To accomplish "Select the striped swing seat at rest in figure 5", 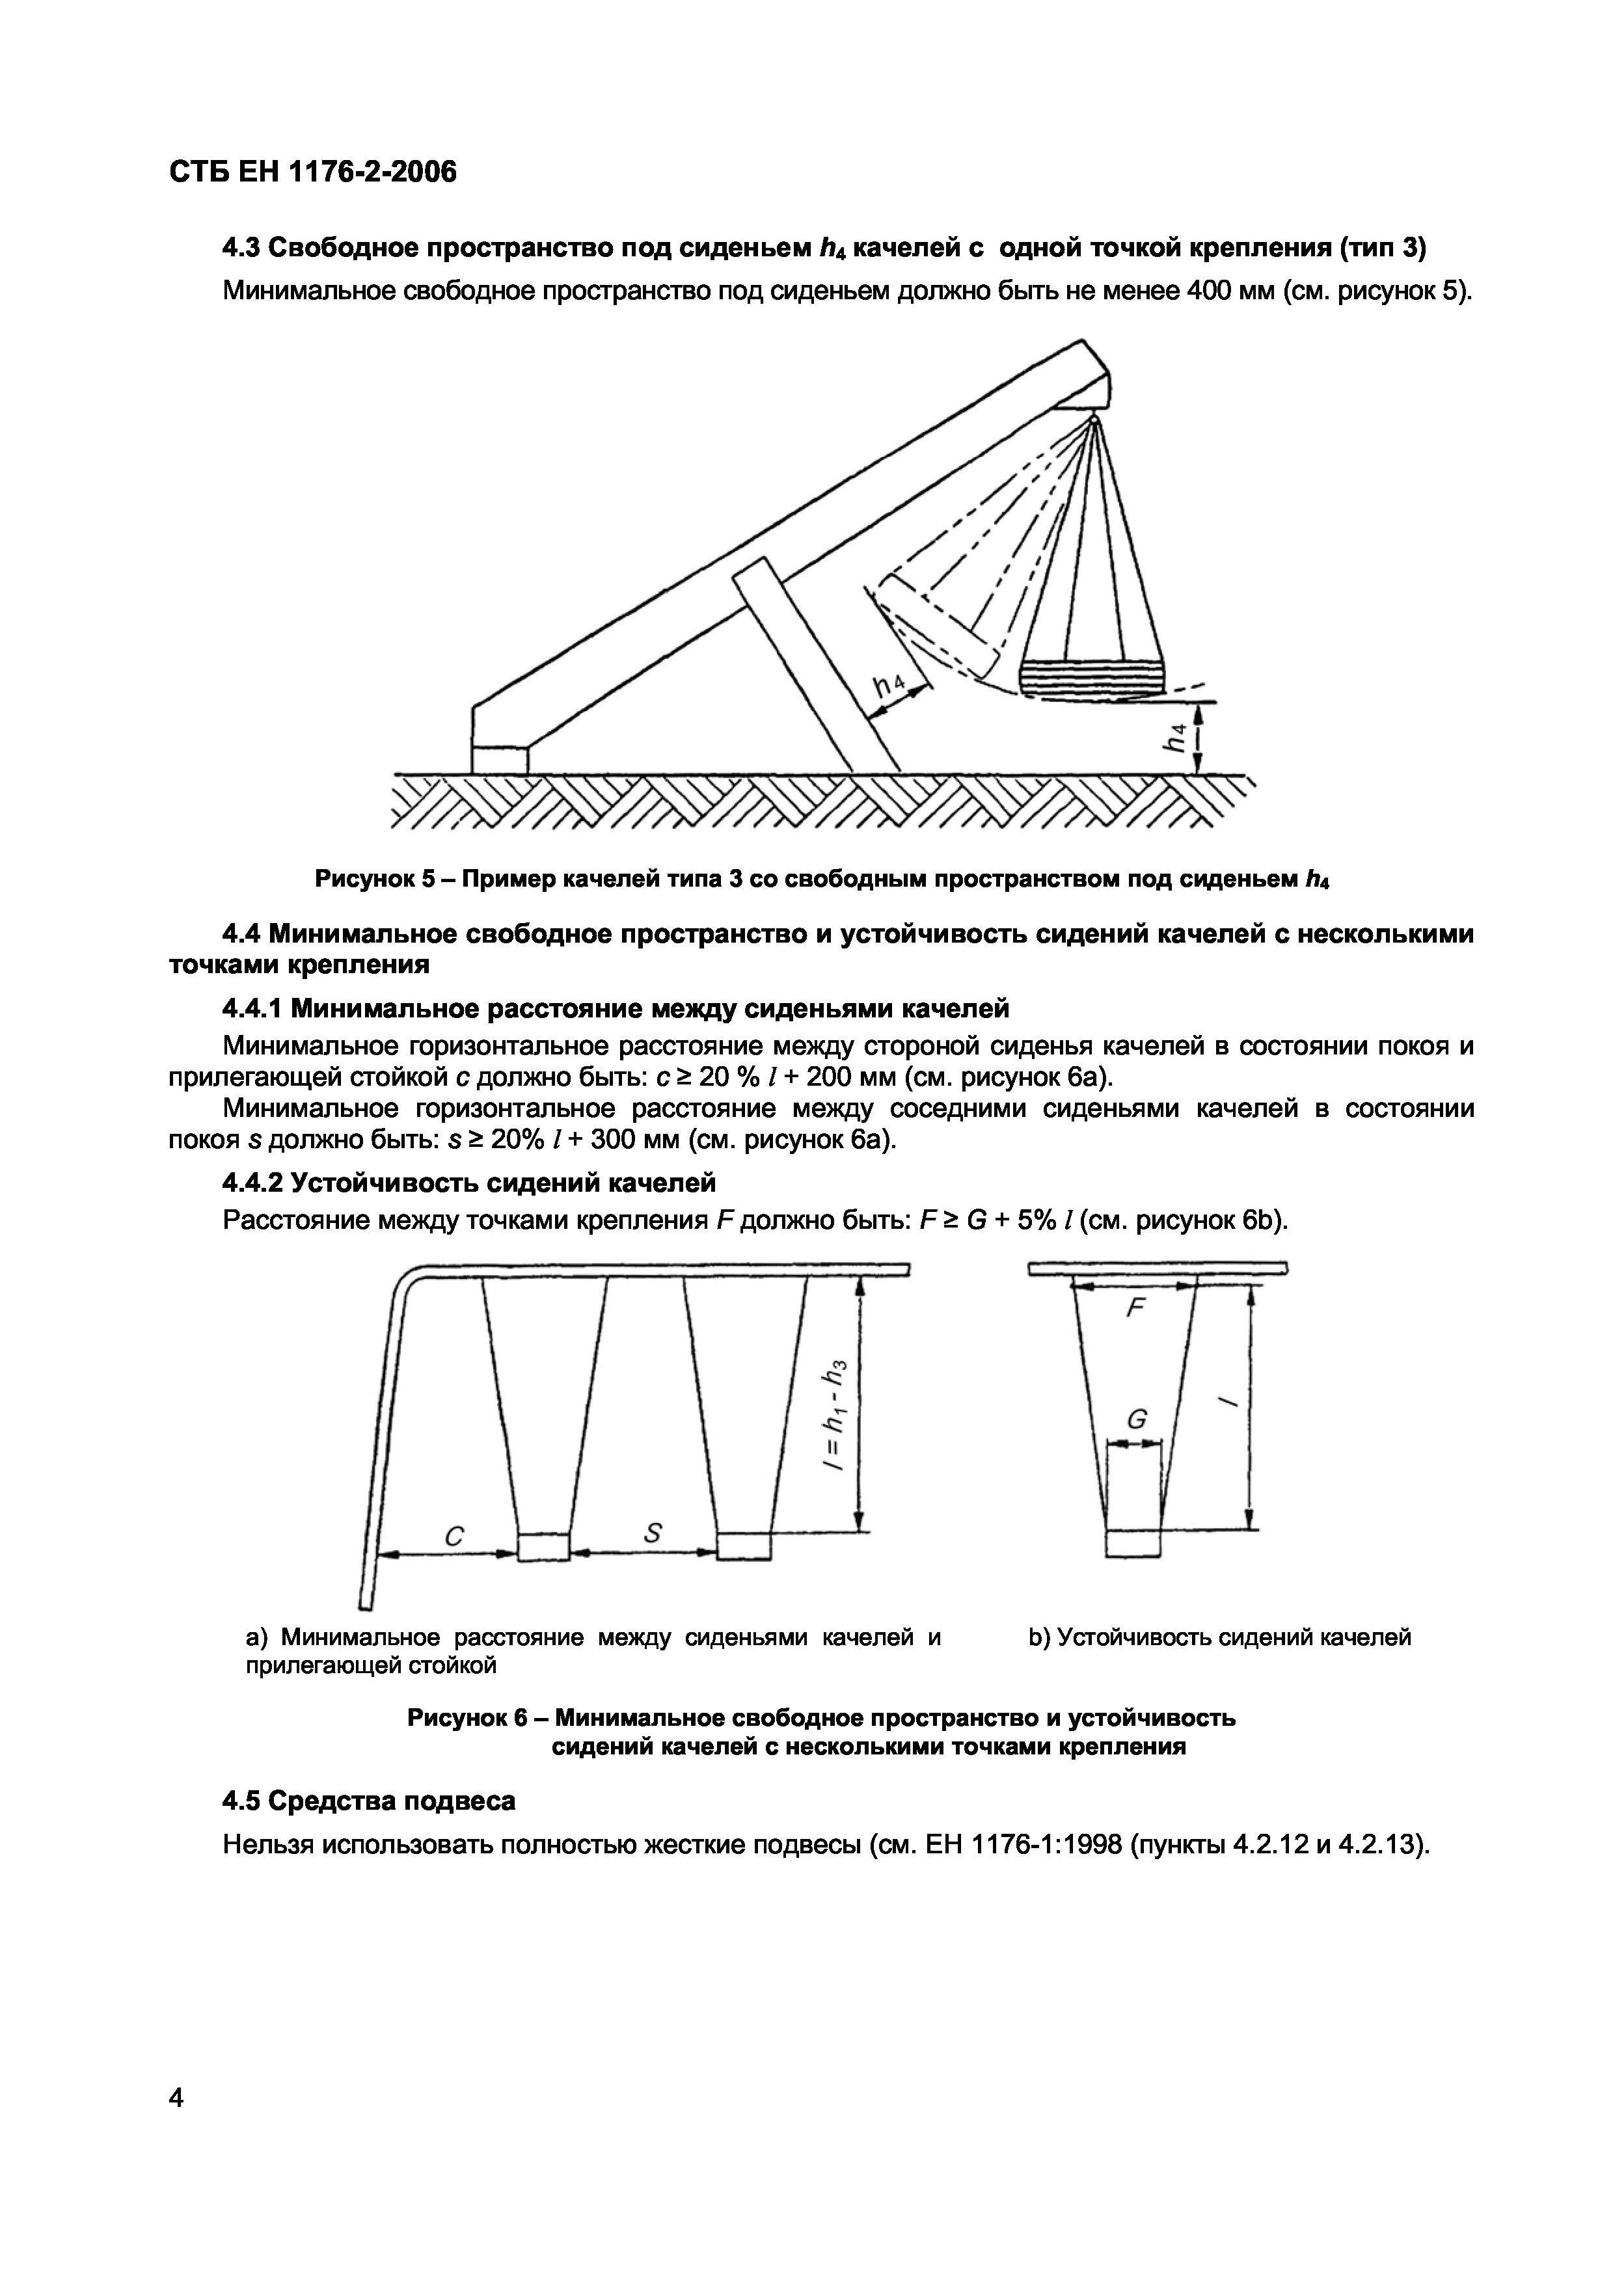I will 1093,679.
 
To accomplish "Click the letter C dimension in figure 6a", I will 454,1537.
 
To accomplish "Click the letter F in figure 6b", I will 1135,1309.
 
